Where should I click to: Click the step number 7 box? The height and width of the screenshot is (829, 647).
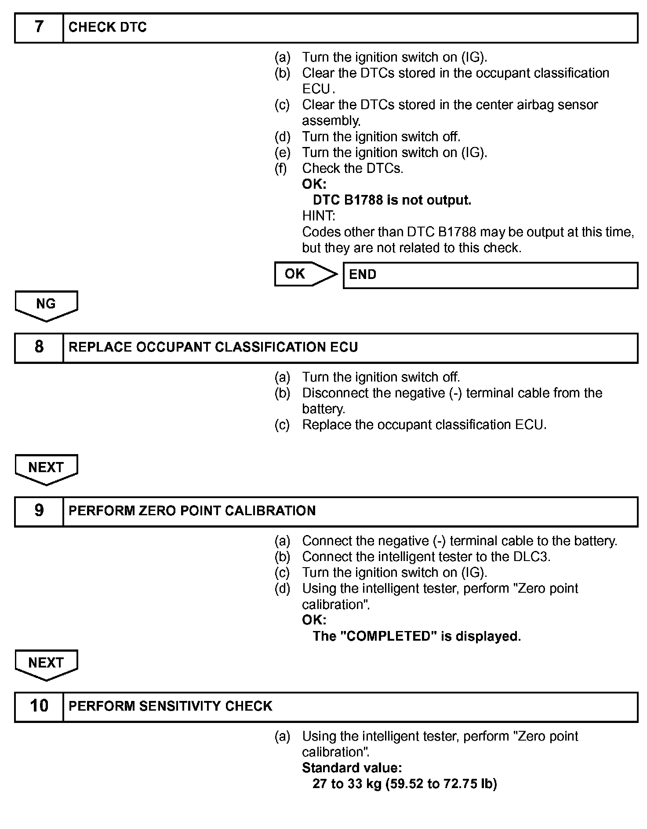[39, 27]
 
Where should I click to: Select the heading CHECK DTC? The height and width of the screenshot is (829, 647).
[108, 27]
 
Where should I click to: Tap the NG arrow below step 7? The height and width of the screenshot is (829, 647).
[46, 304]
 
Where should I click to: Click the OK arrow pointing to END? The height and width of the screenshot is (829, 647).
[304, 274]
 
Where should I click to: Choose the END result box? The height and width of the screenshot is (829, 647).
[490, 275]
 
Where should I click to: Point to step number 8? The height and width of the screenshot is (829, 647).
[39, 347]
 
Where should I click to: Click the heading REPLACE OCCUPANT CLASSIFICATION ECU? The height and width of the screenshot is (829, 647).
[213, 347]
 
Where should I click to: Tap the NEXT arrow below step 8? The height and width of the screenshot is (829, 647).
[46, 468]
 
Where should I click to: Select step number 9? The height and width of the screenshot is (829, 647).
[39, 511]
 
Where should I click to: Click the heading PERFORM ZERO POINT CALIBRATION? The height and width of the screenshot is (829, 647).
[192, 511]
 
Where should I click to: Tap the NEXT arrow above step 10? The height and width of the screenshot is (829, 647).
[46, 664]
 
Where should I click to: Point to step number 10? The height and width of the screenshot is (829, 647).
[39, 706]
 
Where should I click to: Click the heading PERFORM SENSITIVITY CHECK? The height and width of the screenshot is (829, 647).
[171, 706]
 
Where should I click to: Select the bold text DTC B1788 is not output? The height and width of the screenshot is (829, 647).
[392, 200]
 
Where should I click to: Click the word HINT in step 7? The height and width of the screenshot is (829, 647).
[318, 216]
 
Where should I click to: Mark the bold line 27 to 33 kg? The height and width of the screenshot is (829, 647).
[404, 784]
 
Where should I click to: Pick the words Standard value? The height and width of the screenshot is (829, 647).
[352, 768]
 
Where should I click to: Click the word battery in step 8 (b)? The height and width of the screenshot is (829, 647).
[323, 409]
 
